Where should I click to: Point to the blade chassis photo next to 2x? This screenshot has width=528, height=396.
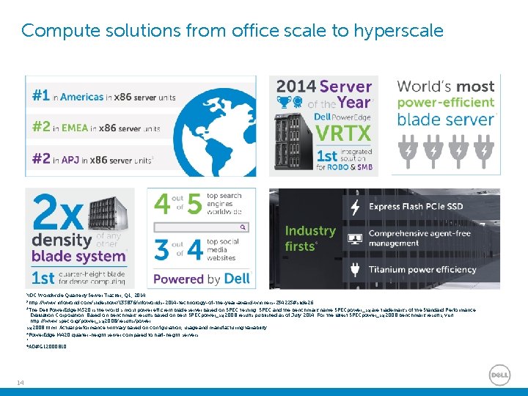(101, 212)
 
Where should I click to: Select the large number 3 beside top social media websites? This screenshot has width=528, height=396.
(162, 250)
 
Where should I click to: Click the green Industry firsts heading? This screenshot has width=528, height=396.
(310, 238)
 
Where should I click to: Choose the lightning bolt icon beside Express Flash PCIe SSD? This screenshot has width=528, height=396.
(355, 207)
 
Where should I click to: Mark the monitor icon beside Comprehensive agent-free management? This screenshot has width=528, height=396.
(355, 238)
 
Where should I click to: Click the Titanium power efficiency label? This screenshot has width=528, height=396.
(422, 270)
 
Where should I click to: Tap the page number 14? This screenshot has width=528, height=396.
(20, 379)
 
